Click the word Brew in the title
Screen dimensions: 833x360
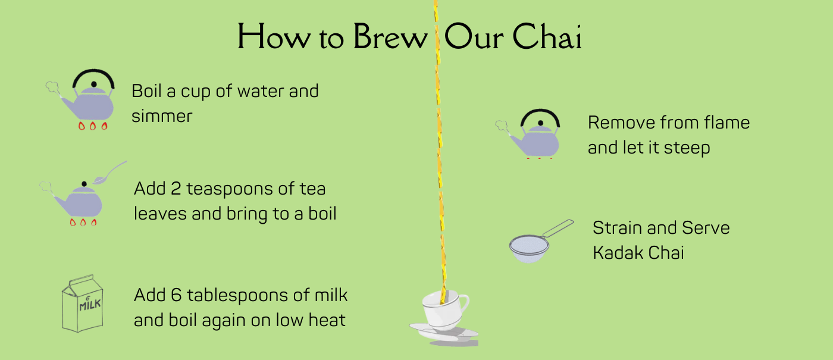[x=390, y=36]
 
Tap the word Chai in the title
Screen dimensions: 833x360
[x=547, y=36]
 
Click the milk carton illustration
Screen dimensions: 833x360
[x=82, y=303]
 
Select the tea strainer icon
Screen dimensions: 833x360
[x=541, y=241]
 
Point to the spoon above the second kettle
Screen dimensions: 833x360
[x=109, y=173]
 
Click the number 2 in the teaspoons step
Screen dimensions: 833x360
[x=176, y=189]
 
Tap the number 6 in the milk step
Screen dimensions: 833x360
[x=176, y=295]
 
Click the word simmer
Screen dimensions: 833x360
[x=162, y=116]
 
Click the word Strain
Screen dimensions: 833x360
[x=617, y=227]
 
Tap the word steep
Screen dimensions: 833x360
[x=687, y=148]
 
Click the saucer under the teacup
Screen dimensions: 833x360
[x=444, y=333]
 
